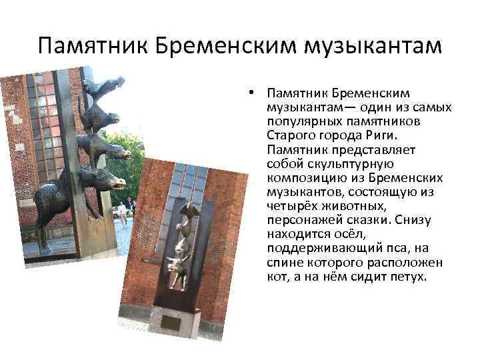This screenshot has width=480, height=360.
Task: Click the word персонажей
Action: [x=300, y=221]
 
